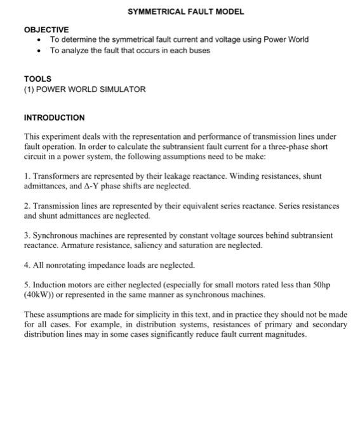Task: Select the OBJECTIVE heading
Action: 46,30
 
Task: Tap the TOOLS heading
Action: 37,79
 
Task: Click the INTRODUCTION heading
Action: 54,118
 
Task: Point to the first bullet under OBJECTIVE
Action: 39,40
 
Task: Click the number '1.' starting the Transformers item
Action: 27,176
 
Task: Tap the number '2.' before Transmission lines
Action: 27,206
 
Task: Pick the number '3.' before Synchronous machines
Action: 27,235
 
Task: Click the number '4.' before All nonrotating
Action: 27,264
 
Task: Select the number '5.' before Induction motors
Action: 27,285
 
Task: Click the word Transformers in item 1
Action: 57,176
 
